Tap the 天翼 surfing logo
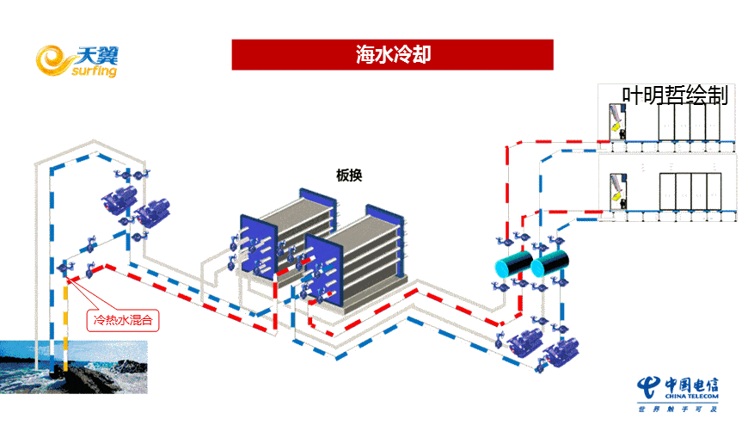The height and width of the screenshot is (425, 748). pyautogui.click(x=77, y=60)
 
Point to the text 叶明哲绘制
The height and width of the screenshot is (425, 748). pyautogui.click(x=676, y=95)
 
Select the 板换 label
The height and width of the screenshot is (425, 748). pyautogui.click(x=349, y=176)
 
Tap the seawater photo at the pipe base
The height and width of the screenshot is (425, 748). pyautogui.click(x=73, y=366)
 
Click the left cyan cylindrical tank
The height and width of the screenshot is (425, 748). pyautogui.click(x=506, y=265)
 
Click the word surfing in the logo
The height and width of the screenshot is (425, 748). pyautogui.click(x=89, y=71)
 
